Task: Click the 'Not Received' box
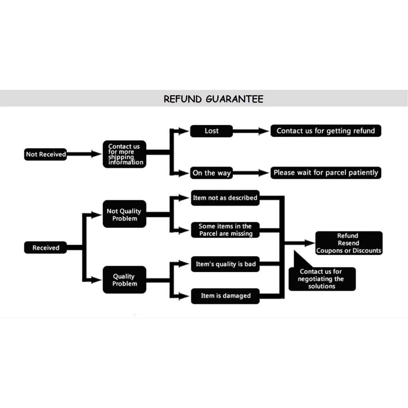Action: tap(46, 154)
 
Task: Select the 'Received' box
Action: tap(46, 248)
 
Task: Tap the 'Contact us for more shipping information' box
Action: tap(124, 154)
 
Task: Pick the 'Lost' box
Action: tap(211, 131)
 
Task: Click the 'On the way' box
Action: tap(211, 173)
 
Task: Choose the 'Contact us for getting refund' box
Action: tap(326, 131)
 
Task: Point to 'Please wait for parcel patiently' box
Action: tap(326, 173)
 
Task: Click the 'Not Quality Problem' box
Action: tap(124, 214)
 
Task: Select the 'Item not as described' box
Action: tap(225, 198)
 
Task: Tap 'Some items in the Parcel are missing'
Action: tap(225, 230)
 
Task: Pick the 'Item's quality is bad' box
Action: tap(225, 264)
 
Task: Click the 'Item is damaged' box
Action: tap(225, 296)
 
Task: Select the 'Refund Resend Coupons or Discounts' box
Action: tap(349, 243)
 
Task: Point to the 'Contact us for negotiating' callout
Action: tap(322, 279)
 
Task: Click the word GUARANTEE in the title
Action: tap(235, 99)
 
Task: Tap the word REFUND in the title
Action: tap(183, 99)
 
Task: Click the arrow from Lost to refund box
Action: tap(251, 131)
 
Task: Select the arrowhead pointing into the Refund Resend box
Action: tap(310, 243)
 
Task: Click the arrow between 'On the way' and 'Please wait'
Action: tap(251, 173)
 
